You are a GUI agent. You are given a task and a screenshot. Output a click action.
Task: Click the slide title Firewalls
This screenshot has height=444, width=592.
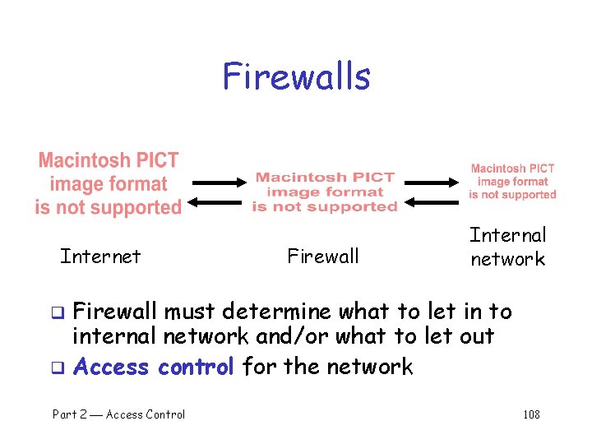click(296, 76)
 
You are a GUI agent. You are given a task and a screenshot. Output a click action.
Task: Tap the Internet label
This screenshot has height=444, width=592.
click(100, 257)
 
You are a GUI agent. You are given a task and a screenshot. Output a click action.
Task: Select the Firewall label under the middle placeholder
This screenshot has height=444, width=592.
click(323, 257)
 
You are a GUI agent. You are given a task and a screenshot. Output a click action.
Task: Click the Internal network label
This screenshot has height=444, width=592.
click(507, 247)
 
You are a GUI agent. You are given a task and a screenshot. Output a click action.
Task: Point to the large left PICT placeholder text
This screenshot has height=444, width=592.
click(108, 183)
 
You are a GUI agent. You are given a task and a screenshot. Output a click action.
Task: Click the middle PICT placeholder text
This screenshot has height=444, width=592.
click(325, 192)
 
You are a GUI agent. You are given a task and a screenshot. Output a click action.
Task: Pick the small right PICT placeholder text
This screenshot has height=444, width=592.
click(512, 182)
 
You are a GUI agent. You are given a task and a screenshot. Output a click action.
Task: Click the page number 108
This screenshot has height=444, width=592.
click(531, 414)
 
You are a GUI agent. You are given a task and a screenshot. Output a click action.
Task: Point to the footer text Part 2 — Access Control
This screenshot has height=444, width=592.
click(119, 414)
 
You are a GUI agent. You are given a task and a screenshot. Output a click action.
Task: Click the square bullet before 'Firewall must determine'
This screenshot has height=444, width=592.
click(58, 312)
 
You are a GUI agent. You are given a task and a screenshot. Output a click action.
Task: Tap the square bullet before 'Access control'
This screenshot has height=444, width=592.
click(58, 368)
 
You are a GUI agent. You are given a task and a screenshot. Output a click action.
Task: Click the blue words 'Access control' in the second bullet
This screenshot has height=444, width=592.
click(155, 366)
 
